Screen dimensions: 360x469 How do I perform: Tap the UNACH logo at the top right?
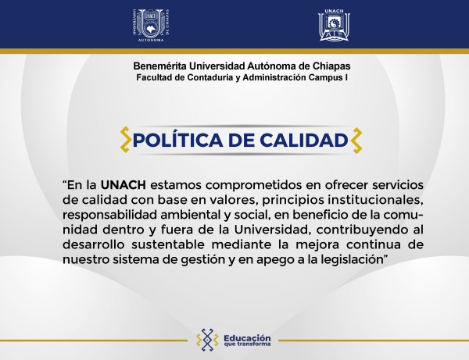pos(329,24)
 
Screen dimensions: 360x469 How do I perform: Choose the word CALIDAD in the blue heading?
pos(303,141)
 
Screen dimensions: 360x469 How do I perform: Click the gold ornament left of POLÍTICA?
pos(124,141)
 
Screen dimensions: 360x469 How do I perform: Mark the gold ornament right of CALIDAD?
pos(356,141)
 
